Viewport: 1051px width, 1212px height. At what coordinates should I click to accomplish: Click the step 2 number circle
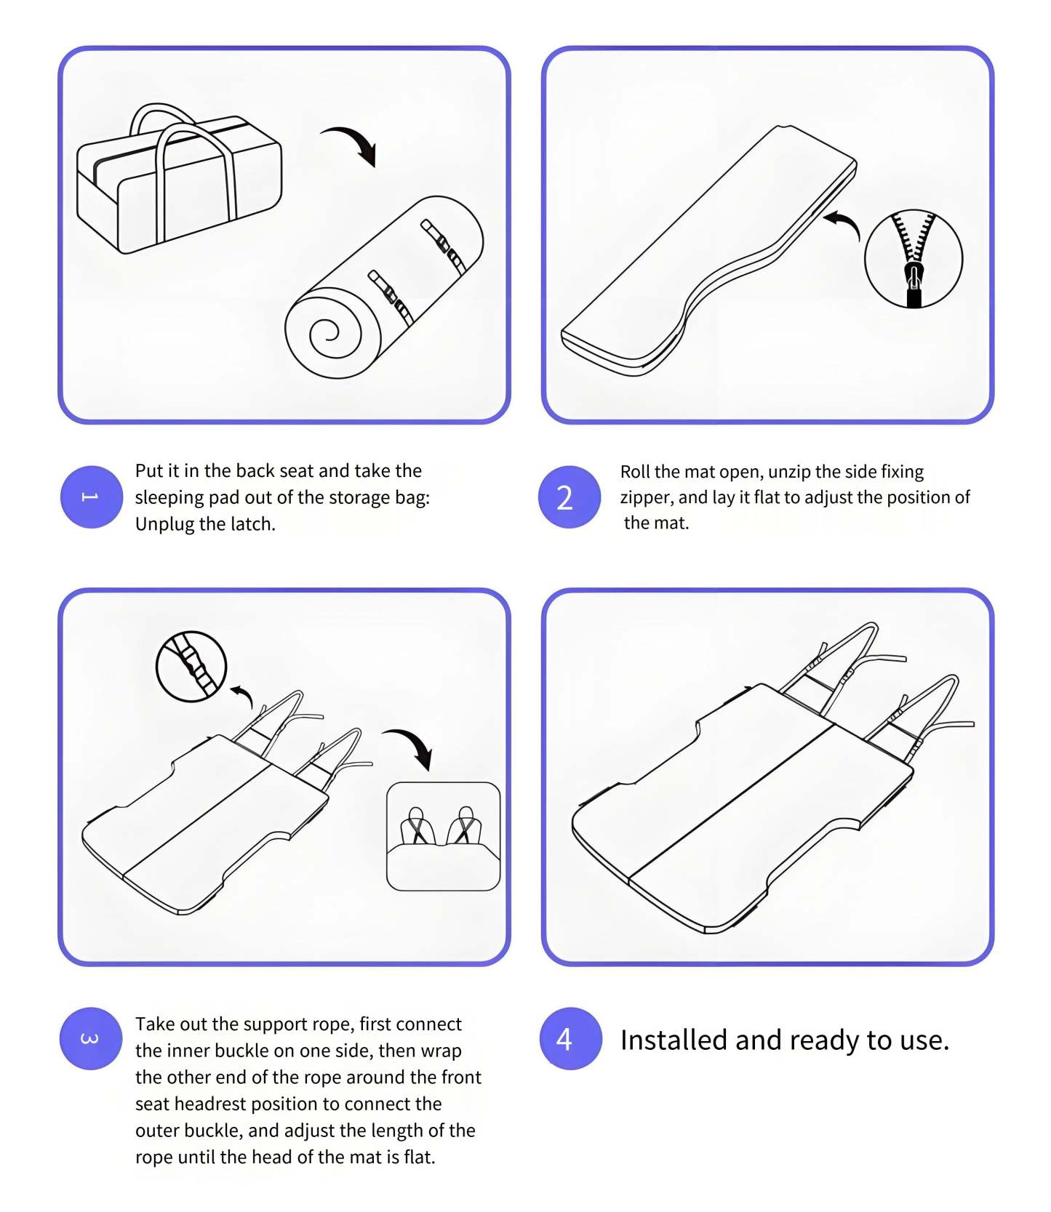click(x=569, y=497)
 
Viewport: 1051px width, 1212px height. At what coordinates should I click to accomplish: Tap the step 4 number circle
click(x=570, y=1038)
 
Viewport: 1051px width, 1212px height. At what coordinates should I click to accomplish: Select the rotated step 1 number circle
click(x=91, y=497)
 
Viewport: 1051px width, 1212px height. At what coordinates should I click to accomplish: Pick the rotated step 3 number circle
click(x=90, y=1038)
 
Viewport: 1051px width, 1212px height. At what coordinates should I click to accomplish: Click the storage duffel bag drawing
click(x=179, y=182)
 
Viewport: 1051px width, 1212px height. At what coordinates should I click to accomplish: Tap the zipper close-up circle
click(x=914, y=259)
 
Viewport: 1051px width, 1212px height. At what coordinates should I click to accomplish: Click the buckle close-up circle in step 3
click(x=191, y=666)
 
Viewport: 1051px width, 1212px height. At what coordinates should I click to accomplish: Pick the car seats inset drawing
click(x=443, y=836)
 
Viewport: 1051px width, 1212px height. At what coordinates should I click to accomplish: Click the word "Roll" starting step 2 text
click(x=634, y=472)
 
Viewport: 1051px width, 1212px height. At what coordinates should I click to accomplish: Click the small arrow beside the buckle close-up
click(x=243, y=694)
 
